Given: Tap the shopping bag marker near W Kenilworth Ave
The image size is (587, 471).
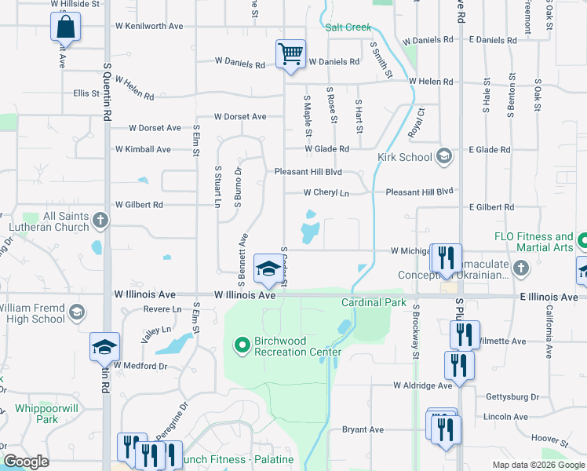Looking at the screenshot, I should tap(66, 27).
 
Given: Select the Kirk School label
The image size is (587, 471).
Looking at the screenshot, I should tap(404, 157).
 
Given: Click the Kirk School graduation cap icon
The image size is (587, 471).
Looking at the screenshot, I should tap(444, 156).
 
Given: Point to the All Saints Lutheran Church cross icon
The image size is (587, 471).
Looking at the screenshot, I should tap(100, 221).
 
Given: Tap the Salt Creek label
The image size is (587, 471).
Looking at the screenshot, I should tap(348, 27).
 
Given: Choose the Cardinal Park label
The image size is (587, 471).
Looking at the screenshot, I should tap(374, 302).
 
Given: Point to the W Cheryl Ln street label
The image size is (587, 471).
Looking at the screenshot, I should tap(326, 192).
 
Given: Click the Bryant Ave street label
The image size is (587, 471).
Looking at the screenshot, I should tap(363, 429).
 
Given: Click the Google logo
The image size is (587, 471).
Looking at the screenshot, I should tap(26, 461).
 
